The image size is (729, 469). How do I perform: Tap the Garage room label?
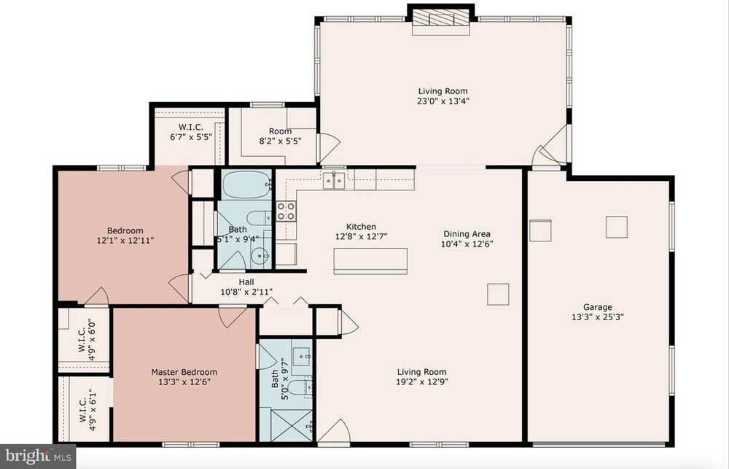tap(598, 307)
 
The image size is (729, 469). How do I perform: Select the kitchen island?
tap(370, 261)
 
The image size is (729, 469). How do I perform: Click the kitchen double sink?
tap(335, 180)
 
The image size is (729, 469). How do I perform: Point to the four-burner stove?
tap(286, 211)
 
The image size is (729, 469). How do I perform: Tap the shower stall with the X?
tap(286, 425)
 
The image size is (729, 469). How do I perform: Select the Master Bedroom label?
tap(184, 372)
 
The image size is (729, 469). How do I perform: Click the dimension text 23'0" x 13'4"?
tap(443, 101)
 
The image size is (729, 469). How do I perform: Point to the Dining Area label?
tap(467, 234)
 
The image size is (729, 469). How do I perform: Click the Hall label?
tap(246, 282)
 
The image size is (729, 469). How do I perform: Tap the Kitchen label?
tap(362, 227)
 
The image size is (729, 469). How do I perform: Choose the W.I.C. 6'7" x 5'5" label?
tap(191, 132)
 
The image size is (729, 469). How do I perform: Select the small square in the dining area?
tap(498, 294)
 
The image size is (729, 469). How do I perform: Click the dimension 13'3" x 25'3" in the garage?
tap(598, 317)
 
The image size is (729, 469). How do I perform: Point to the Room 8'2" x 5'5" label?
tap(281, 136)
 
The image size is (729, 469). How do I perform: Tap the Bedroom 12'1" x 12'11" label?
tap(125, 236)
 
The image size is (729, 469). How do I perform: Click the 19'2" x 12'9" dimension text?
tap(422, 382)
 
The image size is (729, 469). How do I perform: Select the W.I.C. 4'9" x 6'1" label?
tap(87, 409)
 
